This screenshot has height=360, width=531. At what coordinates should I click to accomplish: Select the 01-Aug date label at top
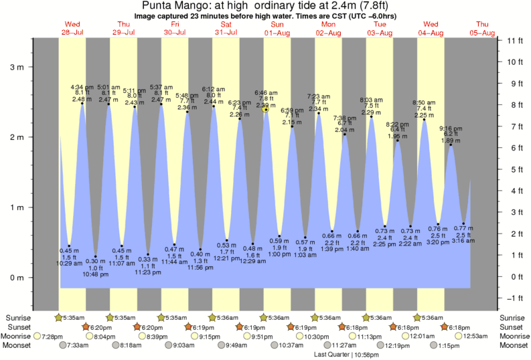[x=276, y=33]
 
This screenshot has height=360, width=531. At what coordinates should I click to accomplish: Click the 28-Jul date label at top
[x=72, y=33]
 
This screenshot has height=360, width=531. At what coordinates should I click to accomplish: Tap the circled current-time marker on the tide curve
[x=266, y=108]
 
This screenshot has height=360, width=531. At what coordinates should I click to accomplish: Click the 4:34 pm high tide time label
[x=82, y=88]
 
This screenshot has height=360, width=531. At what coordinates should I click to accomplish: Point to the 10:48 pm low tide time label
[x=96, y=274]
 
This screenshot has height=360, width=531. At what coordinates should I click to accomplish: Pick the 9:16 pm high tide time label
[x=450, y=128]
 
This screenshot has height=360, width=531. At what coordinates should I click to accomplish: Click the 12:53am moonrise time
[x=477, y=336]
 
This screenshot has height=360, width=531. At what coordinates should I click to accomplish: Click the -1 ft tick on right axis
[x=513, y=298]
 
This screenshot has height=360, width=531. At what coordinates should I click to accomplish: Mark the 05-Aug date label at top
[x=482, y=33]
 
